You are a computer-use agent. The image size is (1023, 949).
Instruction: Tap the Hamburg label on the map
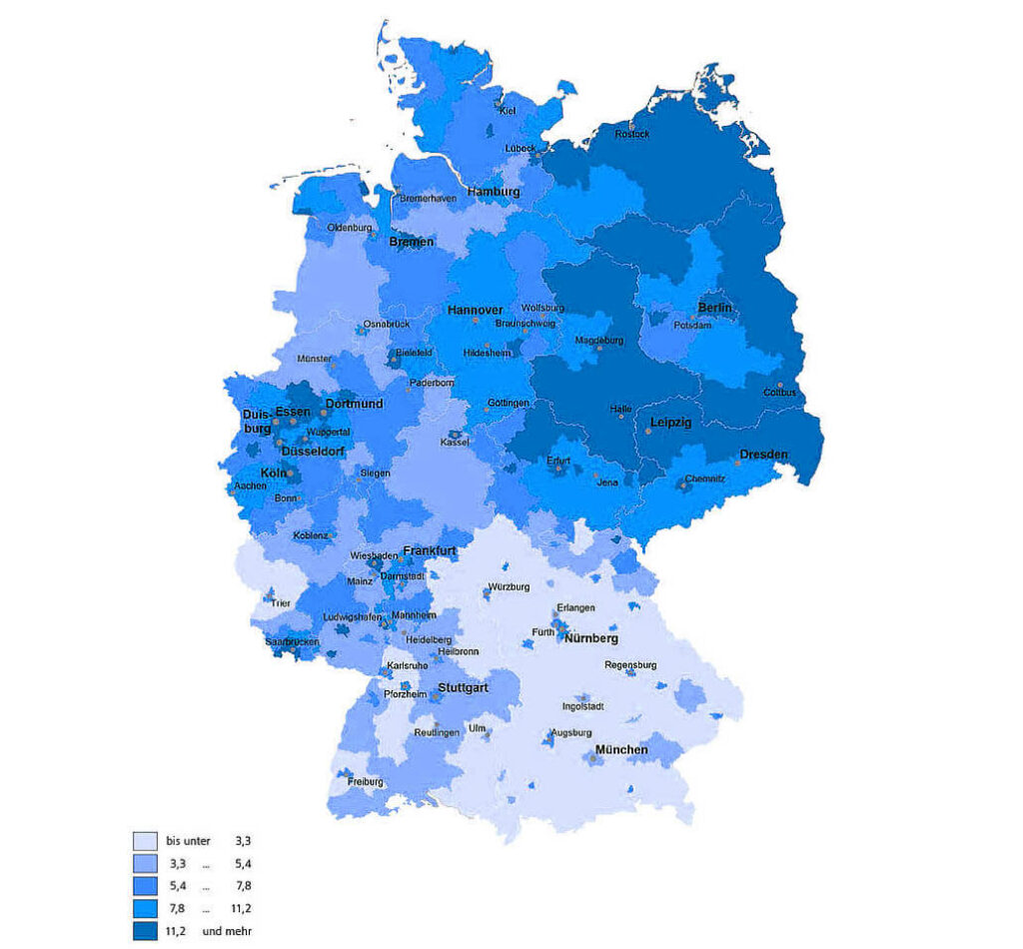click(x=494, y=191)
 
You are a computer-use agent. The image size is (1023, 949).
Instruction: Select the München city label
click(x=621, y=749)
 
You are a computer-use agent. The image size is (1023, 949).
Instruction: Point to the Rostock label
click(x=631, y=134)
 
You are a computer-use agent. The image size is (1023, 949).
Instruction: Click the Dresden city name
click(x=763, y=455)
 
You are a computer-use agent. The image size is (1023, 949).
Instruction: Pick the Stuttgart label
click(x=462, y=688)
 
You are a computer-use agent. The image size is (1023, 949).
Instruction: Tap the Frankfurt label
click(x=430, y=550)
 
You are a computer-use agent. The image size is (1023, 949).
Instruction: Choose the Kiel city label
click(x=507, y=111)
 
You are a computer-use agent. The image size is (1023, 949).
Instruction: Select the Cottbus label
click(x=779, y=393)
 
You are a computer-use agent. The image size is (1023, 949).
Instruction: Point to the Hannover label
click(x=475, y=311)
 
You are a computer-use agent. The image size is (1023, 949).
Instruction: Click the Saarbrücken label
click(x=292, y=641)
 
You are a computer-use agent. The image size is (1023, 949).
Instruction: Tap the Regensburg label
click(x=630, y=664)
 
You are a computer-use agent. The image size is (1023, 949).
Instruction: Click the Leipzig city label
click(x=670, y=423)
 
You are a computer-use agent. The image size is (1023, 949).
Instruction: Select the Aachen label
click(x=249, y=485)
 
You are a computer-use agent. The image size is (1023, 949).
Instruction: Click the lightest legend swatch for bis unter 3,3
click(x=145, y=840)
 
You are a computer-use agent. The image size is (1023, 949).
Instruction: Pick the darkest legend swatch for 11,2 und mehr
click(x=145, y=932)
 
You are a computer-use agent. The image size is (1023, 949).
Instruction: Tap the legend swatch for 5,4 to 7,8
click(x=145, y=886)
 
